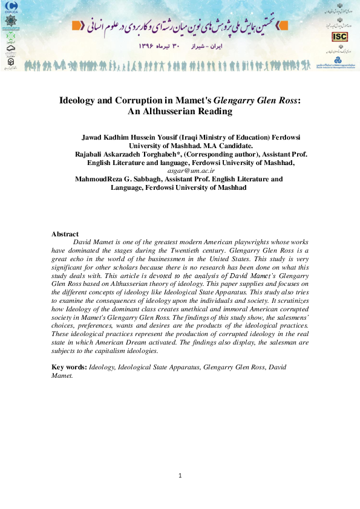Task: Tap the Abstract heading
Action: coord(65,233)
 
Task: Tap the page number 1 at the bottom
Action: coord(180,475)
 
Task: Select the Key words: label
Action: coord(70,367)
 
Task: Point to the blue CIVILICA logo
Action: coord(11,7)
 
